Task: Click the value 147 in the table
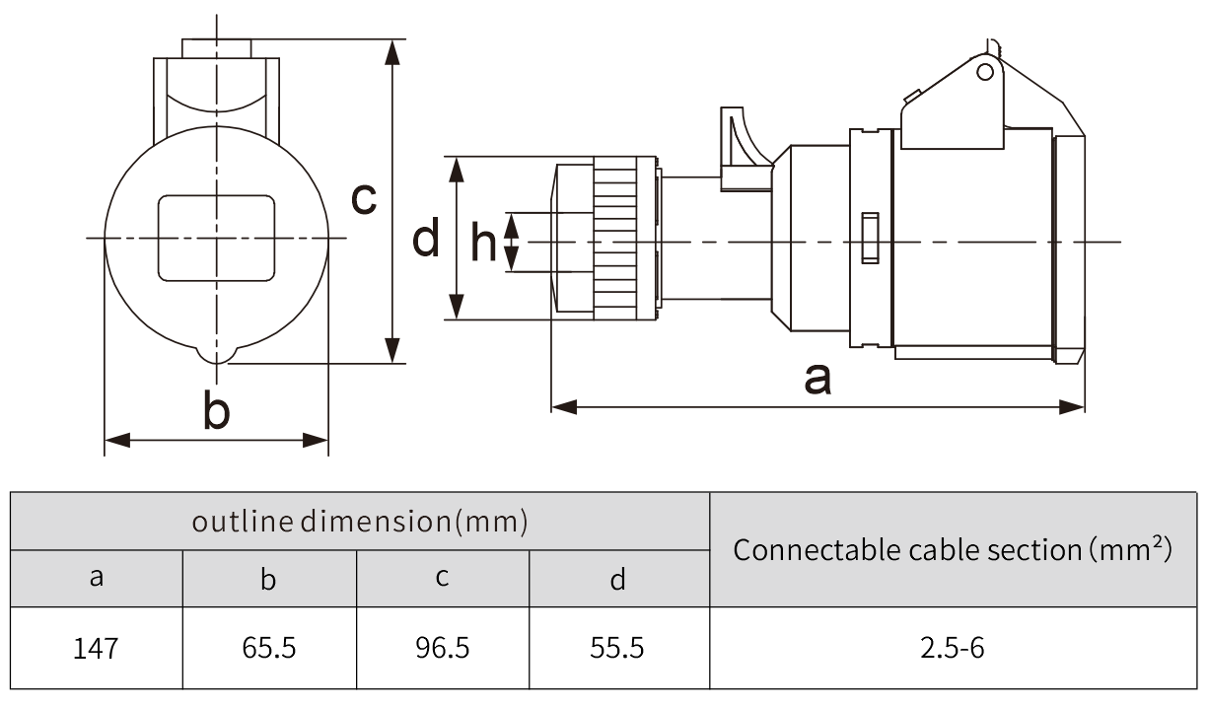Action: click(x=96, y=648)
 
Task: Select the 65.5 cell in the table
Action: click(x=269, y=648)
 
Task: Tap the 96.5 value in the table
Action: click(x=442, y=648)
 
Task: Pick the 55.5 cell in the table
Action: click(x=617, y=648)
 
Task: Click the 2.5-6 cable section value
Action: click(x=953, y=648)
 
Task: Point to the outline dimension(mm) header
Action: click(x=359, y=521)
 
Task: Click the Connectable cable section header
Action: click(x=953, y=549)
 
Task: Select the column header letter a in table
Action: click(x=96, y=578)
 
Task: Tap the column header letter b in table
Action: click(x=268, y=578)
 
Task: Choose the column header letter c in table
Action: click(x=442, y=578)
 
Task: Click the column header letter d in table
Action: click(x=617, y=578)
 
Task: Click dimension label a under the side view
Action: click(x=817, y=378)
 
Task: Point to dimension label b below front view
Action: click(x=216, y=410)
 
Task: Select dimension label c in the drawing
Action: click(x=364, y=199)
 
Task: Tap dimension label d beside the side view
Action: click(x=426, y=239)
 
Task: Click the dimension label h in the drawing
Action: click(x=483, y=242)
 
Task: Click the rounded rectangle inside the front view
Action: click(x=216, y=238)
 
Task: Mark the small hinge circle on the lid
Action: click(x=984, y=71)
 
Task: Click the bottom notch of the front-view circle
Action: click(x=216, y=355)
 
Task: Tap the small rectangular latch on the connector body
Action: click(x=869, y=238)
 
